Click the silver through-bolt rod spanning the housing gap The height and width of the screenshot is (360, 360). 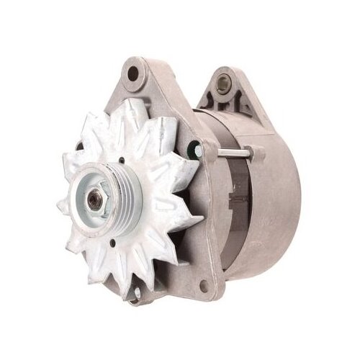pos(230,152)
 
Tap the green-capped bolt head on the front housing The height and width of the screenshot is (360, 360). pos(192,151)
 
